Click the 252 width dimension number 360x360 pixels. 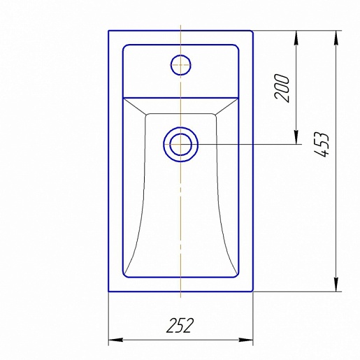[x=180, y=325]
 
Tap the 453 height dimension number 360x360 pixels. [x=322, y=145]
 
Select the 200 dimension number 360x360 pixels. [x=282, y=88]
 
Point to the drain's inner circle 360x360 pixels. [x=181, y=134]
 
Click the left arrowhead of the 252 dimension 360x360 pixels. [x=116, y=340]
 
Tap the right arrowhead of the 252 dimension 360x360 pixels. [x=246, y=340]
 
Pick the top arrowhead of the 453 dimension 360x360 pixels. [x=336, y=38]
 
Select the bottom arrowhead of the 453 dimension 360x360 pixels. [x=336, y=285]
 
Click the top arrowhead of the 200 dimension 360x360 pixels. [x=296, y=38]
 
